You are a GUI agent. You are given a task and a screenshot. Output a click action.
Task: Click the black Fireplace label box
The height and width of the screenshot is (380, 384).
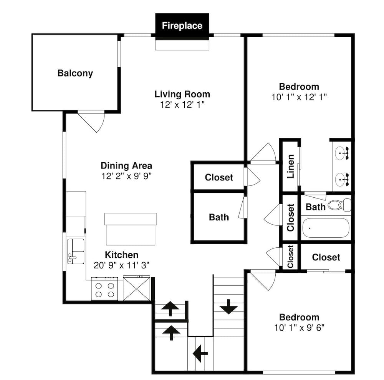tap(182, 26)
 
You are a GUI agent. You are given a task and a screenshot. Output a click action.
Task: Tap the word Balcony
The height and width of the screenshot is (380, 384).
tap(75, 73)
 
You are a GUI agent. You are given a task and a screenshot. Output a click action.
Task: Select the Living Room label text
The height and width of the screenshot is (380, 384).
tap(182, 94)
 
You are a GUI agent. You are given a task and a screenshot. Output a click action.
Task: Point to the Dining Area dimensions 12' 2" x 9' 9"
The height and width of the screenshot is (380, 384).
tap(126, 177)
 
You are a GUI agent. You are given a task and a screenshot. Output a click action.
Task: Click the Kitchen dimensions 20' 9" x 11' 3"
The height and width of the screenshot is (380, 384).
tap(121, 265)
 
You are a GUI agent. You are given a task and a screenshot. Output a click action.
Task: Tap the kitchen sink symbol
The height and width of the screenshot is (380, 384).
tap(76, 251)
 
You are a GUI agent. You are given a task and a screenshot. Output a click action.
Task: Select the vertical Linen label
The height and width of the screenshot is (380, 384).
tap(291, 167)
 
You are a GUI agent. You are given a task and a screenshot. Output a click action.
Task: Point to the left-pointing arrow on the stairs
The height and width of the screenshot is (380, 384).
tap(200, 353)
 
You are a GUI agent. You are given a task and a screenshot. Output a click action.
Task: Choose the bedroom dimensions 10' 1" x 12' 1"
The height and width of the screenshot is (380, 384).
tap(299, 97)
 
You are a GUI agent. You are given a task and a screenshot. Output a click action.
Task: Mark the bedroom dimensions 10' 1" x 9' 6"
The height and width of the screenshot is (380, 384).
tap(299, 328)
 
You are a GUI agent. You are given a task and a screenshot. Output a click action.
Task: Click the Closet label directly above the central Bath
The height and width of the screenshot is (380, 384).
tap(218, 177)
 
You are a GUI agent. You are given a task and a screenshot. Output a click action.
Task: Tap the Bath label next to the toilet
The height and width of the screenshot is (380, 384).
tap(315, 207)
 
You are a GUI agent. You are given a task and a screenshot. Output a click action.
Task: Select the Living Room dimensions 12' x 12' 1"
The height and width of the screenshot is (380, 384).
tap(182, 105)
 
